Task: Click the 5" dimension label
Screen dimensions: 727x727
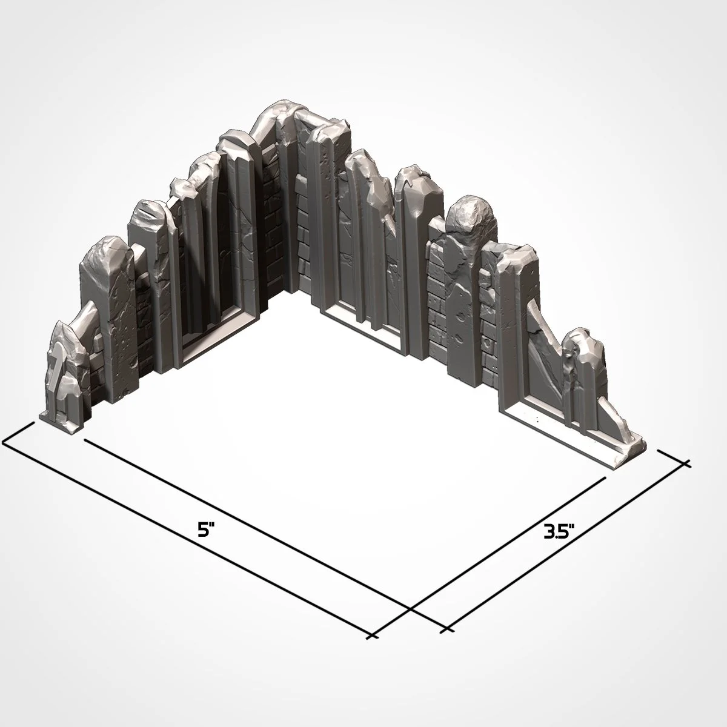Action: (207, 529)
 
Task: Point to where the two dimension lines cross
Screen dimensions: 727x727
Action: (410, 608)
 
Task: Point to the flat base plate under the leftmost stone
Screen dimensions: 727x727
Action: (61, 425)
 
